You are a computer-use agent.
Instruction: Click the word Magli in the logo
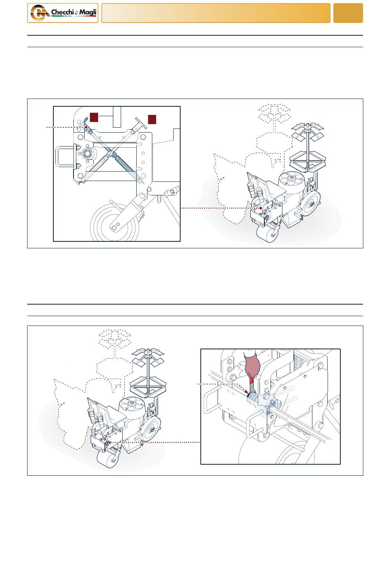pyautogui.click(x=88, y=12)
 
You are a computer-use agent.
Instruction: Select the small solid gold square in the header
pyautogui.click(x=348, y=13)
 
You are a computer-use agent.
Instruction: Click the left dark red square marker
pyautogui.click(x=94, y=117)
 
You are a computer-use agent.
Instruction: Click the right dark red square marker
pyautogui.click(x=152, y=119)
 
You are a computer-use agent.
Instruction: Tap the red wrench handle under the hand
pyautogui.click(x=252, y=383)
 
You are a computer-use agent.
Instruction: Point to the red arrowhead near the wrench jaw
pyautogui.click(x=245, y=391)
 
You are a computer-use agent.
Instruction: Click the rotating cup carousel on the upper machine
pyautogui.click(x=291, y=178)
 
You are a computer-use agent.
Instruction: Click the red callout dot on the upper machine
pyautogui.click(x=261, y=208)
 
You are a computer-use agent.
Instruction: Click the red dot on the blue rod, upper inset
pyautogui.click(x=86, y=127)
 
